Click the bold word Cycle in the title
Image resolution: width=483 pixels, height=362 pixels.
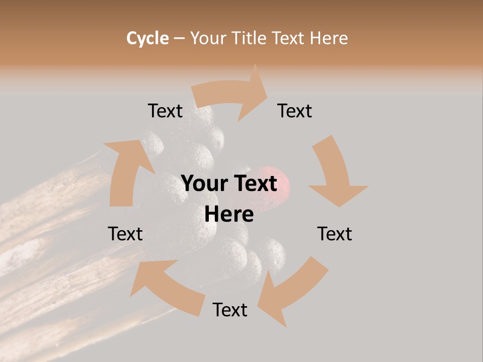click(147, 38)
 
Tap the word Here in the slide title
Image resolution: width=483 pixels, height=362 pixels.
click(329, 38)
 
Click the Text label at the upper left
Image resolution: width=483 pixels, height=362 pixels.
click(165, 111)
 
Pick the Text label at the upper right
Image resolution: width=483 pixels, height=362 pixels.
click(295, 111)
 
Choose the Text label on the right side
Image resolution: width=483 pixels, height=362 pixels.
click(335, 234)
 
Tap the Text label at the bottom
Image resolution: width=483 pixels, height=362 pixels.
click(230, 310)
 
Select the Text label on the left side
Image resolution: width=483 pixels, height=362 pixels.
click(125, 234)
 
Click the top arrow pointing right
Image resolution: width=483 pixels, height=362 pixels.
click(231, 93)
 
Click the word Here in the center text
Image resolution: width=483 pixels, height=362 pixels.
click(229, 214)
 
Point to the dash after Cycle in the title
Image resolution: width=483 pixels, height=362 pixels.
click(180, 38)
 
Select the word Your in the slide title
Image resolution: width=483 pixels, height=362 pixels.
click(208, 38)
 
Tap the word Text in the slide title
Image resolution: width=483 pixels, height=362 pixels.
click(289, 38)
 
